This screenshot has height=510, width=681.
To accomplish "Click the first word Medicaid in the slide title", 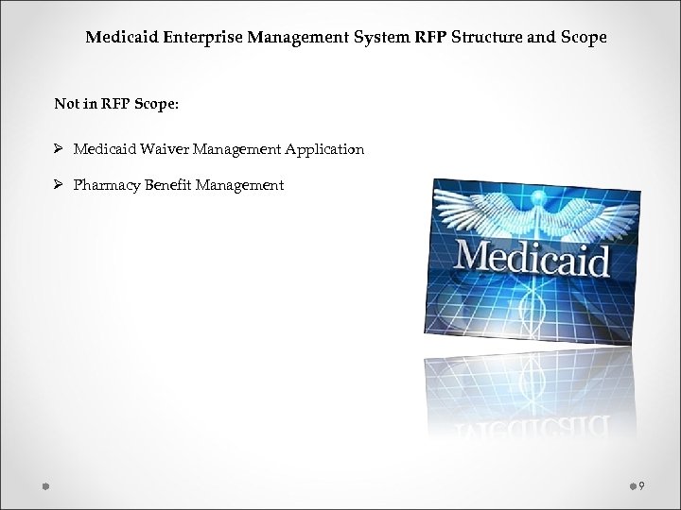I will coord(118,39).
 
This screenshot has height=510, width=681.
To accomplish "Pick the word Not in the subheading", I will coord(67,104).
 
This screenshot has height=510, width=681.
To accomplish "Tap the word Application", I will coord(324,150).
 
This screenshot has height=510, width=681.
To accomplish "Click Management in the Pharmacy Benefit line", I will coord(239,186).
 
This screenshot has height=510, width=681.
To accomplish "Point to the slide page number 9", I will coord(641,485).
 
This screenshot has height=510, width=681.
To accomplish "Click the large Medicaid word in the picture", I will coord(533,257).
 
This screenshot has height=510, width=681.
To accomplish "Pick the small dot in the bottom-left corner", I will coord(44,485).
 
